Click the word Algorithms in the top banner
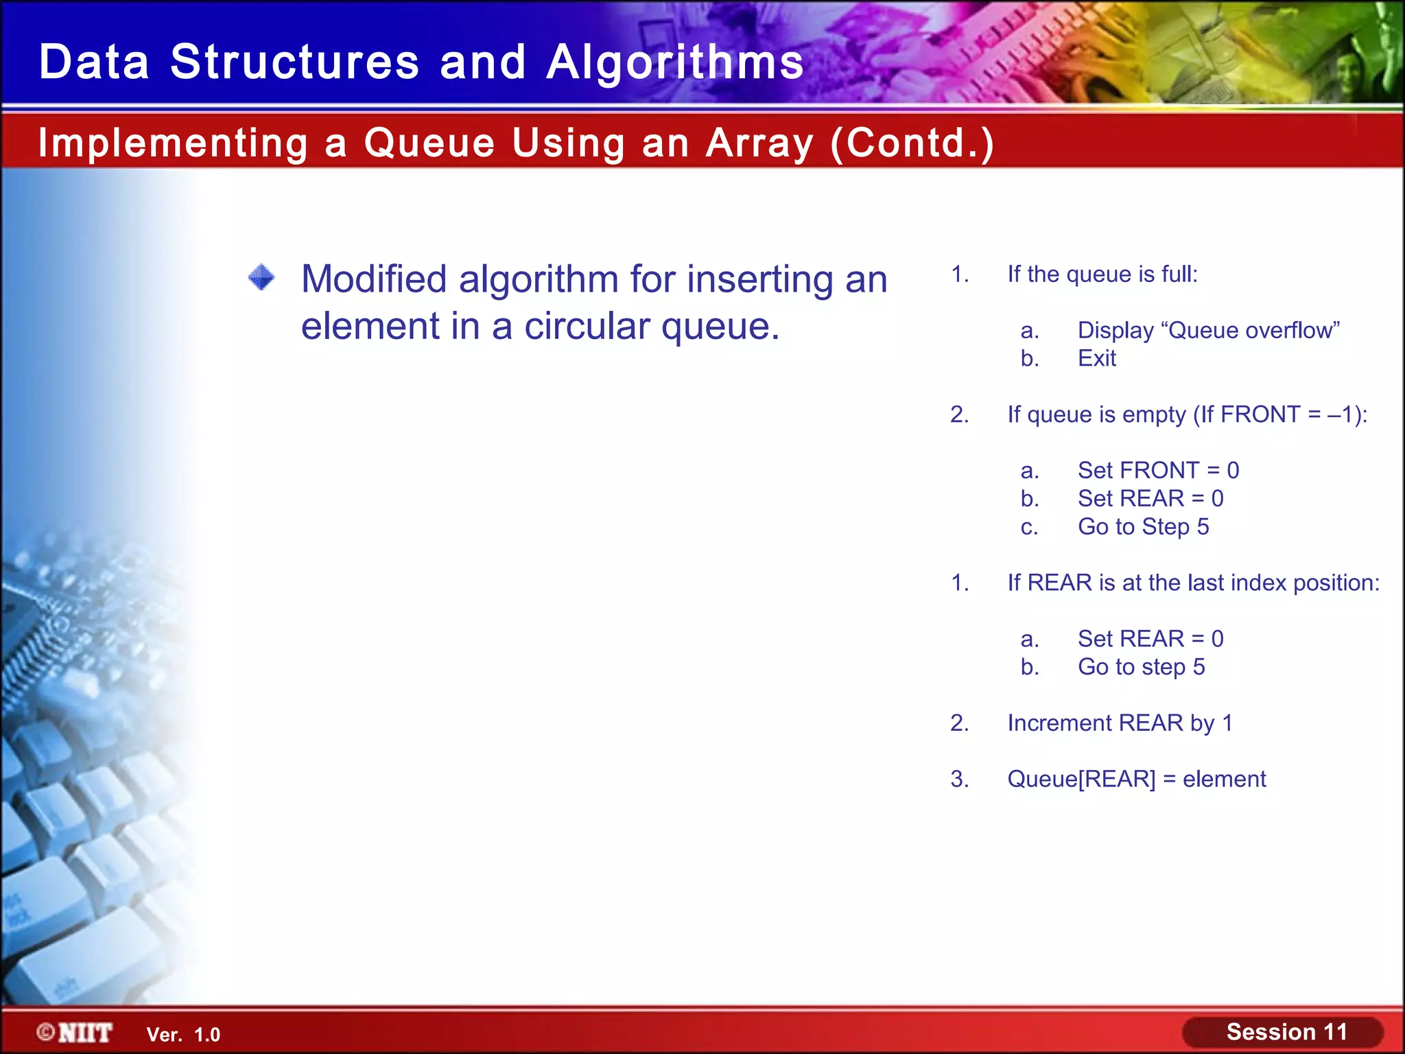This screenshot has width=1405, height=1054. [675, 62]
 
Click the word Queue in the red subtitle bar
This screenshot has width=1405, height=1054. [429, 143]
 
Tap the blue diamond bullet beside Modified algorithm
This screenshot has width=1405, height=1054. [261, 278]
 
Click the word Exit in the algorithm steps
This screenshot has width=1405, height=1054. [1096, 358]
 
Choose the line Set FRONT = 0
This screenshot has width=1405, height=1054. [1158, 470]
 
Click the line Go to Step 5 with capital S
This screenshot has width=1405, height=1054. [1143, 526]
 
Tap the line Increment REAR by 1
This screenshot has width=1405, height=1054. [1120, 723]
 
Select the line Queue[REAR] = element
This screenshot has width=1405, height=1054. [1136, 779]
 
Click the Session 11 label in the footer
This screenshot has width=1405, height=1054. [1286, 1032]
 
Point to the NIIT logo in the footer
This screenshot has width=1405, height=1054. [75, 1033]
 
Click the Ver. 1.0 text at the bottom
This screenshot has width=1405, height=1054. [183, 1035]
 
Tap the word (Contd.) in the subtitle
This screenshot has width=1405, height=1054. [912, 143]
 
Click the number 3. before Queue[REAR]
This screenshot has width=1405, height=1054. [959, 779]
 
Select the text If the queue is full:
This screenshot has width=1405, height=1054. [1102, 274]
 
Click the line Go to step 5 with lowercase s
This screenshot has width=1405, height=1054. [1141, 667]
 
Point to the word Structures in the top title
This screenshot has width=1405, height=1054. [294, 62]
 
